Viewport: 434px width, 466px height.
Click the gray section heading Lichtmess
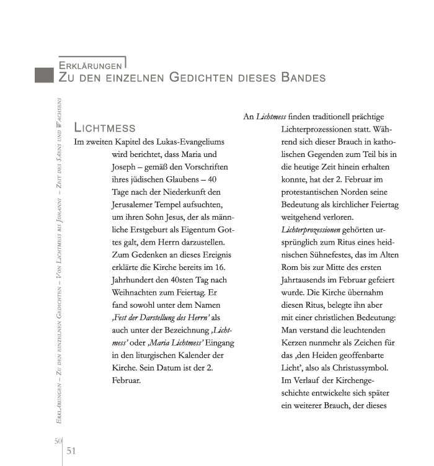click(104, 128)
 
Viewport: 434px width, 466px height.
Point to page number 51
click(71, 450)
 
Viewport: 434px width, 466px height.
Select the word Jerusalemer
click(139, 205)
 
